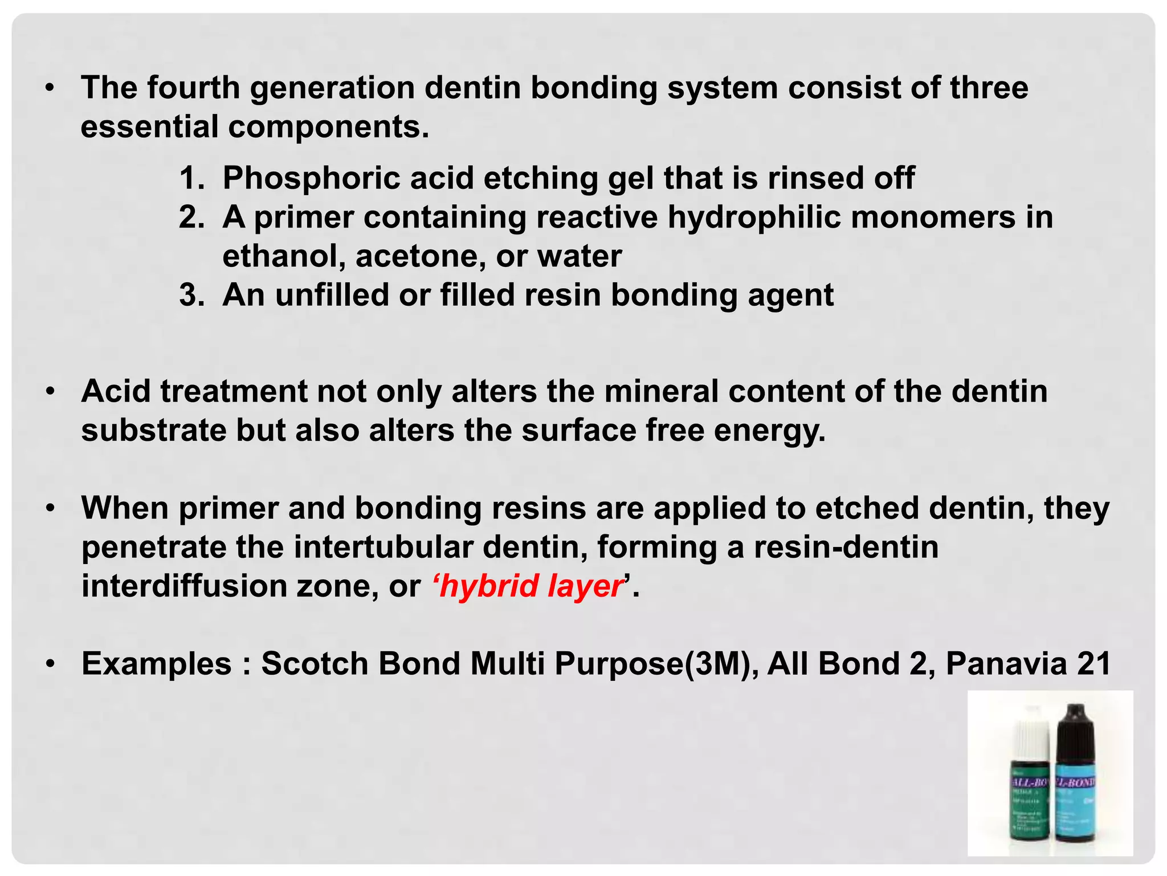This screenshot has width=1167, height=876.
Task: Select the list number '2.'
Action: (191, 217)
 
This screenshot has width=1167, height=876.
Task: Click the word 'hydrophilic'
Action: (754, 217)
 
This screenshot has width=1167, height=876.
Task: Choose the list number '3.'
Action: (191, 295)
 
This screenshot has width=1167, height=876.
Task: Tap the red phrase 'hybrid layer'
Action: (531, 586)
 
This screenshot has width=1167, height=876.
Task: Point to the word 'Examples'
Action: (157, 664)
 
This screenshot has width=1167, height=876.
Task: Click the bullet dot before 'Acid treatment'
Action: (50, 392)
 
